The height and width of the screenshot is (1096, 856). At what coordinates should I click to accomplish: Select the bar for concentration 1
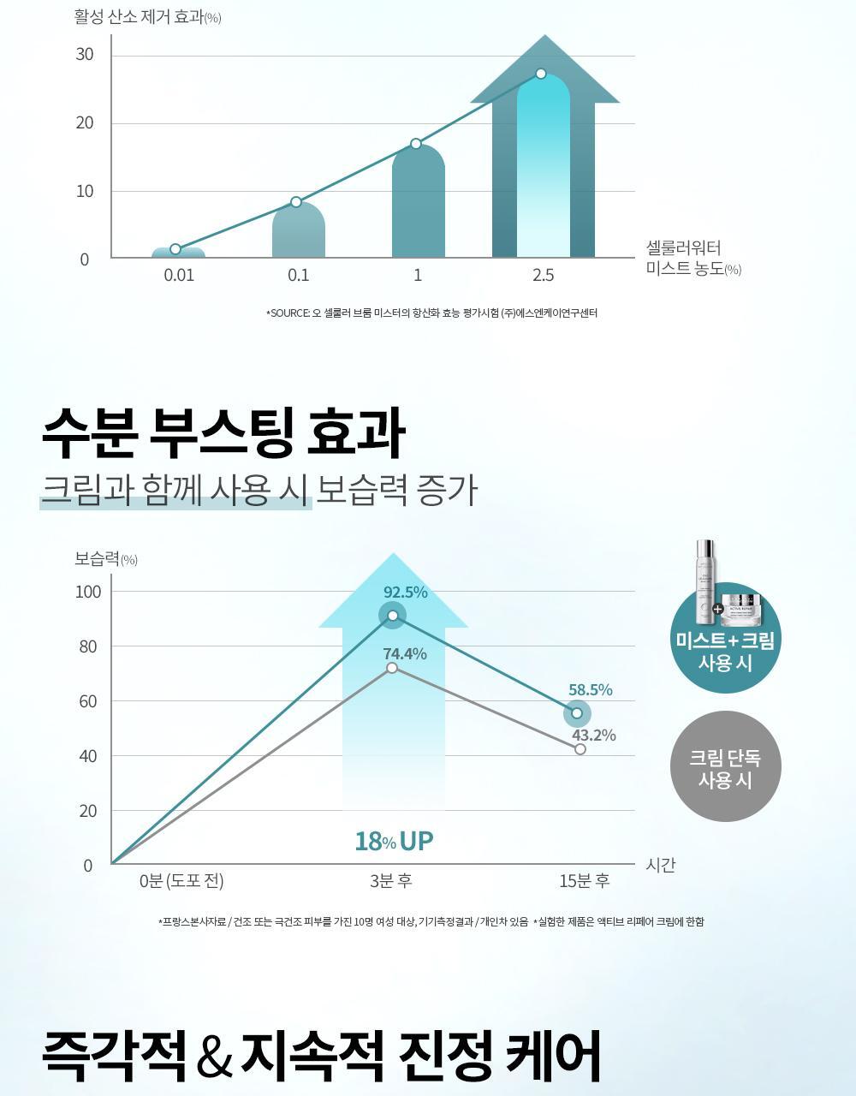[418, 205]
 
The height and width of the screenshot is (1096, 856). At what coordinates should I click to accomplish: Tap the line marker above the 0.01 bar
[175, 249]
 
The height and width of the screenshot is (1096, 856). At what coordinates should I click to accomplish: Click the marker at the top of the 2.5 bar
[541, 74]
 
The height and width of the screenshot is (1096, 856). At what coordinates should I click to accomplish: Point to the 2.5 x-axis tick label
[543, 275]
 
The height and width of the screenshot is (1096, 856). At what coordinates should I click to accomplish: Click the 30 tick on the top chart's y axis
[85, 55]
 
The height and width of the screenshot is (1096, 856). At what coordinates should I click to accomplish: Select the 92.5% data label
[405, 593]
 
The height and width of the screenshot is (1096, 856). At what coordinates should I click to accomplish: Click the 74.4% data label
[404, 654]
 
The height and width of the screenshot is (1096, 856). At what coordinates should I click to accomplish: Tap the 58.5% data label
[590, 690]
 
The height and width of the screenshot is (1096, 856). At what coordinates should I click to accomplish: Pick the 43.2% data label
[593, 736]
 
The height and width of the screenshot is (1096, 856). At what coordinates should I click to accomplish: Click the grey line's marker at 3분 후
[392, 668]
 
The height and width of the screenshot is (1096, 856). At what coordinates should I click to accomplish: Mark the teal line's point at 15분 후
[577, 713]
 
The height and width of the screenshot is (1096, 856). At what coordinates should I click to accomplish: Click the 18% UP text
[394, 842]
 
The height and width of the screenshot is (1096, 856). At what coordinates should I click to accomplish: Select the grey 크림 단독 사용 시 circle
[725, 766]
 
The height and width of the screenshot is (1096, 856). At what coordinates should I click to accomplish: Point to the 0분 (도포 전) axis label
[181, 881]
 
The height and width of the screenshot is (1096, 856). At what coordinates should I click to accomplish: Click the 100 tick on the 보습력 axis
[87, 592]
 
